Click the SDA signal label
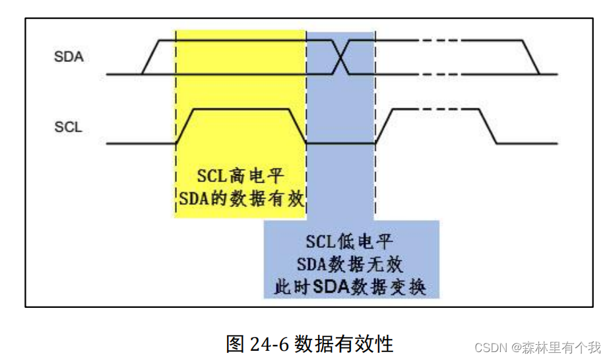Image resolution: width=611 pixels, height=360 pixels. click(69, 57)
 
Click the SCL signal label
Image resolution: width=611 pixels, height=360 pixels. click(68, 127)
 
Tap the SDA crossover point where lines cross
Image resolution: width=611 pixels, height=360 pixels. click(340, 57)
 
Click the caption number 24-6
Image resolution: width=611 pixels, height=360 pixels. click(270, 344)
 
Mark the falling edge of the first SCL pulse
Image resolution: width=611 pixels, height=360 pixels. click(298, 125)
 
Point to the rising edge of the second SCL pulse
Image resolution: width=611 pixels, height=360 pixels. click(384, 125)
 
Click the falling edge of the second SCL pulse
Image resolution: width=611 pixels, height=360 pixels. click(489, 125)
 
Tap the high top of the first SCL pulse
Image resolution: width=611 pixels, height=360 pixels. click(241, 108)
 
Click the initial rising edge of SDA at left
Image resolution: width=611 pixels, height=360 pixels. click(151, 57)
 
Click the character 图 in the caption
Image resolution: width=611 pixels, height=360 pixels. click(236, 344)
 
